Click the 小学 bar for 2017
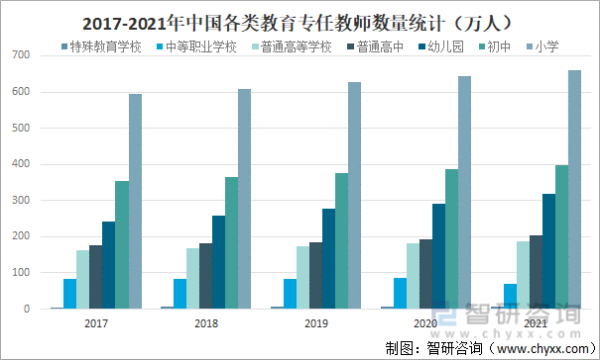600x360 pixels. coord(135,201)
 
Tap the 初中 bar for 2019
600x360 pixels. coord(342,241)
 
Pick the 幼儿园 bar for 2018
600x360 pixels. coord(219,262)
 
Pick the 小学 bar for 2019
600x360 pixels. coord(355,195)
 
